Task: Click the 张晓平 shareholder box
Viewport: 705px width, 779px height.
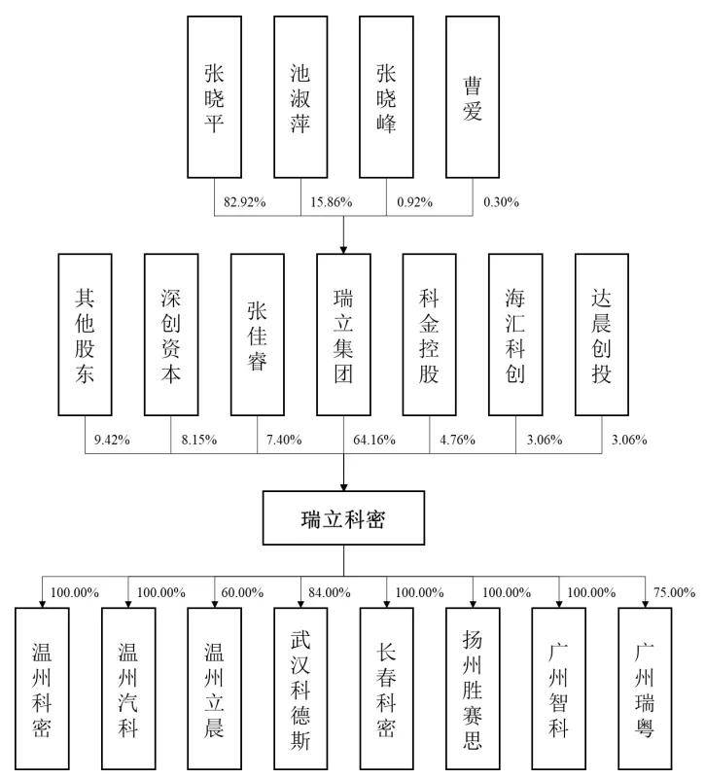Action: (x=214, y=97)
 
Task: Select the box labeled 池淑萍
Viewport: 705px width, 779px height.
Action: (x=300, y=97)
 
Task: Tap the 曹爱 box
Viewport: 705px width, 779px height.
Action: (x=473, y=97)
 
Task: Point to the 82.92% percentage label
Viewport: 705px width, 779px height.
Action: (x=244, y=202)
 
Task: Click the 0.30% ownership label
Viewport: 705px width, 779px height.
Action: (x=502, y=202)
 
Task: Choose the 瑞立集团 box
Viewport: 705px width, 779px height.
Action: (x=343, y=335)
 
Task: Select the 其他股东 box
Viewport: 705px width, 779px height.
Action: (x=85, y=335)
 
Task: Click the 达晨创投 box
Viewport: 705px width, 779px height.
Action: (x=602, y=335)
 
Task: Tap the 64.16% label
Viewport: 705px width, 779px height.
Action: (x=374, y=440)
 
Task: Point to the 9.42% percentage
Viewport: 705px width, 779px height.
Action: (x=112, y=440)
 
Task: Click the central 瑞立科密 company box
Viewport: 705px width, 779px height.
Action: (x=343, y=518)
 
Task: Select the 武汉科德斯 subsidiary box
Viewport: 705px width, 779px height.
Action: (x=300, y=689)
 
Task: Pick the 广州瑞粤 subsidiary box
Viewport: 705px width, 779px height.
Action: (x=645, y=689)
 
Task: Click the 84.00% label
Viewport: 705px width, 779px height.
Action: (x=330, y=592)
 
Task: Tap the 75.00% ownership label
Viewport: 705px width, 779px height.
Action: (x=674, y=592)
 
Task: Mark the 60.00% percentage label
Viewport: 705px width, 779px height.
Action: (x=242, y=592)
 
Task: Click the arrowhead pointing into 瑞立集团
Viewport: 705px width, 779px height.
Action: (x=343, y=249)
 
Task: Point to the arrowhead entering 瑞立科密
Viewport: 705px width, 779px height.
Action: (x=343, y=487)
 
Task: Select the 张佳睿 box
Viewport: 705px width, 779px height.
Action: (x=258, y=335)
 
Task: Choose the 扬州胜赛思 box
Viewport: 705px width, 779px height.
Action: (x=473, y=689)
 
